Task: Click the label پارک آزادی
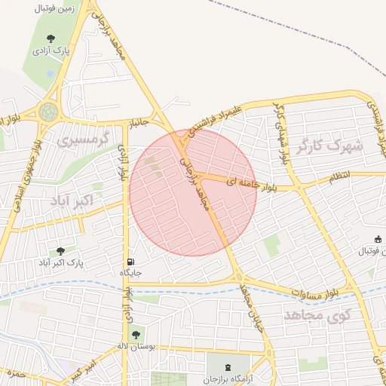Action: (x=51, y=51)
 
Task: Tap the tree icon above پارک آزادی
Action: (x=51, y=38)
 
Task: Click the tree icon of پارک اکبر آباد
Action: (x=60, y=251)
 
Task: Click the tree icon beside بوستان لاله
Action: (x=136, y=335)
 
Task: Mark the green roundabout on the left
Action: (x=49, y=112)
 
